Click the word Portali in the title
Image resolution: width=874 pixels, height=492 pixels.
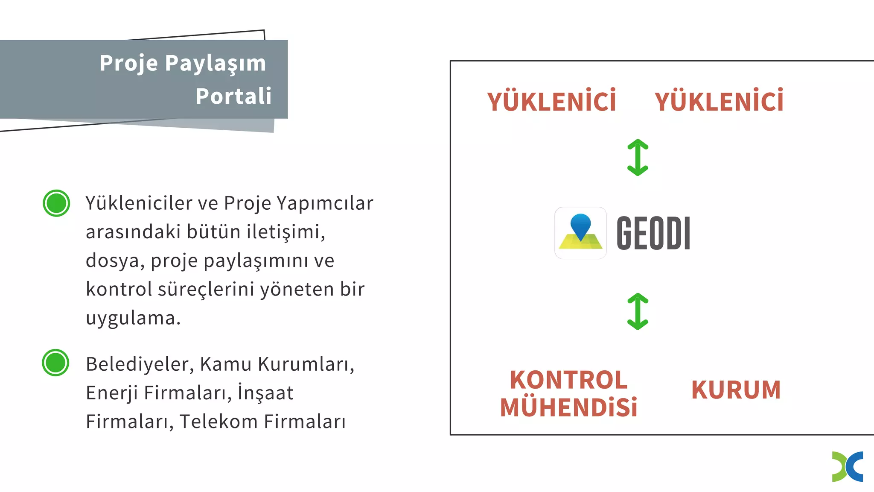tap(233, 96)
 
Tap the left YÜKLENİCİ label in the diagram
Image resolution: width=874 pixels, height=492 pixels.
tap(552, 101)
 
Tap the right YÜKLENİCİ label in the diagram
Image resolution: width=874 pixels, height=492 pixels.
tap(719, 101)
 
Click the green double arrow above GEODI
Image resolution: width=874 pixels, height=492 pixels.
tap(638, 158)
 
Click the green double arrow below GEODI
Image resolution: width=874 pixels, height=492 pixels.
tap(638, 311)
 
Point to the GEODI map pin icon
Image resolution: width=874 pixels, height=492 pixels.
tap(580, 233)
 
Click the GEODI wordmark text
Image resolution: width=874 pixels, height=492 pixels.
tap(653, 233)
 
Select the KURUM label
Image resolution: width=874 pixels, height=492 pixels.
tap(736, 390)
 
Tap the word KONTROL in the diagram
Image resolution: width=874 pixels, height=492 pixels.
tap(569, 380)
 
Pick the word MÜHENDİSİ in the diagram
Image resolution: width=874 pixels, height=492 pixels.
tap(569, 407)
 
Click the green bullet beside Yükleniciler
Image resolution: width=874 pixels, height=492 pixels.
tap(56, 203)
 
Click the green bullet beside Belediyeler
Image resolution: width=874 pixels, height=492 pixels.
tap(55, 363)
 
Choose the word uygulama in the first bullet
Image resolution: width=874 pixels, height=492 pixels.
tap(133, 318)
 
